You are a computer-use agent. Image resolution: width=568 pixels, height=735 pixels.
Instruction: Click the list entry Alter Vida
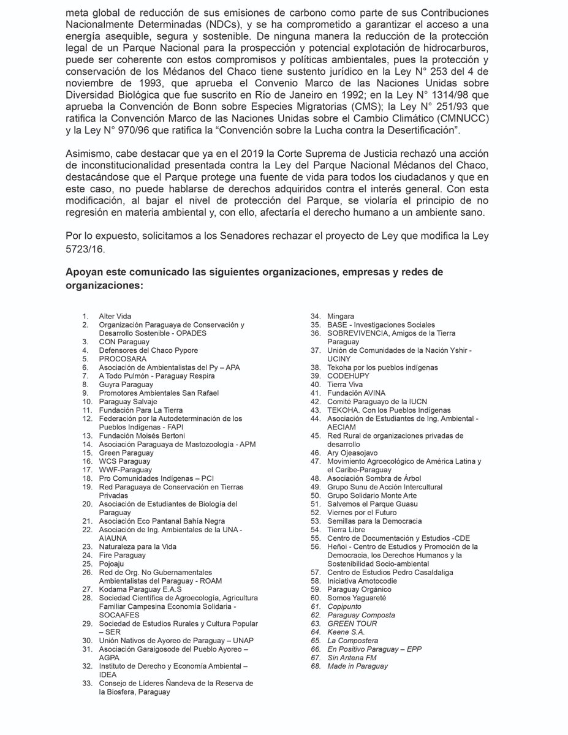point(115,316)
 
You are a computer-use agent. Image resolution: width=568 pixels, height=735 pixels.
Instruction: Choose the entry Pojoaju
point(113,563)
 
